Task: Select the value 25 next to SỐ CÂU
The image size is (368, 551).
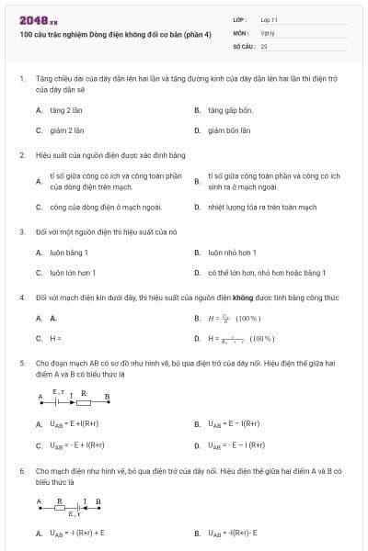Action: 265,45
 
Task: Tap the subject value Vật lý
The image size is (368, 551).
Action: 268,32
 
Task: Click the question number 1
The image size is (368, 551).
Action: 22,80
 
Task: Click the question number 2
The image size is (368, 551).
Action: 22,155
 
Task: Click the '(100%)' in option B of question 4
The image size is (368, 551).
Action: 248,319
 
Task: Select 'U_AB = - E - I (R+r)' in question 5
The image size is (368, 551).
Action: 236,445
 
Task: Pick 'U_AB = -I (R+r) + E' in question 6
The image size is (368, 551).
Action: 77,533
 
